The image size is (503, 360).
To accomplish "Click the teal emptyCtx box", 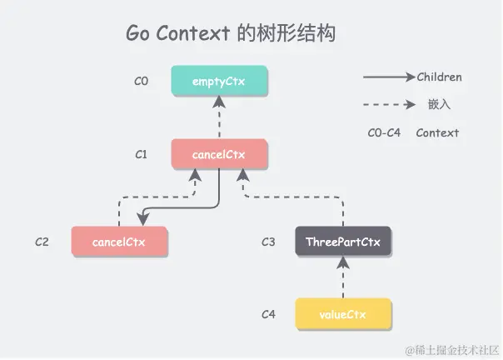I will tap(219, 81).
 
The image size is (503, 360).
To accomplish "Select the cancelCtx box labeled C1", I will tap(219, 154).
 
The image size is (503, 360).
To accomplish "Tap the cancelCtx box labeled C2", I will tap(119, 242).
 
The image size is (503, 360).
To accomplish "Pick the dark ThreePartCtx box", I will tap(342, 242).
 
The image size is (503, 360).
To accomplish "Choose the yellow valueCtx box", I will tap(342, 314).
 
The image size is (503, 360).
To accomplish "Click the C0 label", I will tap(141, 82).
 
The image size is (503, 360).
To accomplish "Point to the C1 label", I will tap(141, 154).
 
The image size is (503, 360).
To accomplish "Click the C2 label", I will tap(42, 242).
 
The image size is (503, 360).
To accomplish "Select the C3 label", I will tap(267, 242).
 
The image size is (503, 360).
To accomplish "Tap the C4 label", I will tap(268, 315).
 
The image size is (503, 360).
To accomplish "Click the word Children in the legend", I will tap(439, 77).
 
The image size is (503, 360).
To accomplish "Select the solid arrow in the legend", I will tap(388, 77).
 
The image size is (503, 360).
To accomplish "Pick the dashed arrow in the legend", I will tap(388, 105).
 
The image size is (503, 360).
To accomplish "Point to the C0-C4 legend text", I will tap(384, 132).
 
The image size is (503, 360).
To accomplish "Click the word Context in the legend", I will tap(437, 132).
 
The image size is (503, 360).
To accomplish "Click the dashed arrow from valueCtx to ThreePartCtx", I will tap(342, 277).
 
